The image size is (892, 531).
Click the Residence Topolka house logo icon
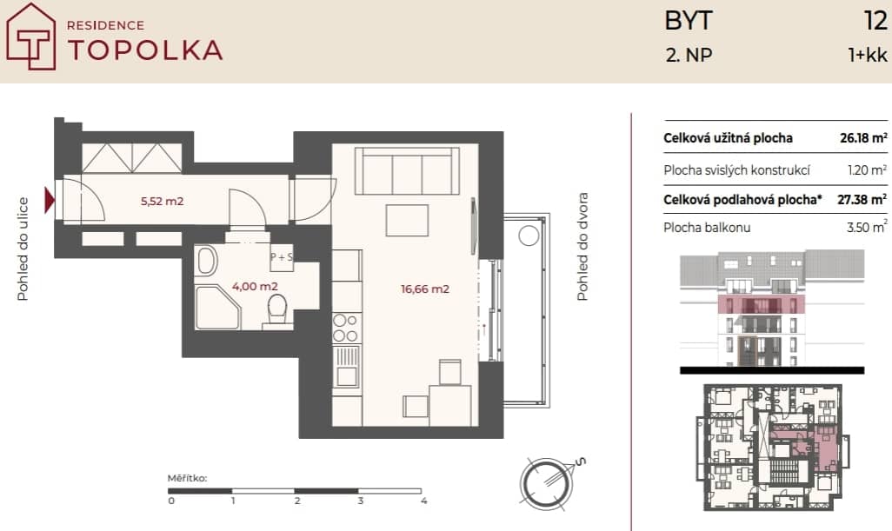tap(30, 37)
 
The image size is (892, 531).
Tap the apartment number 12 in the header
tap(875, 21)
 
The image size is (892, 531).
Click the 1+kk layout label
tap(868, 55)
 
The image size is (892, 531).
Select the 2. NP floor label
tap(689, 55)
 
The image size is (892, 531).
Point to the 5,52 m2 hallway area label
tap(162, 201)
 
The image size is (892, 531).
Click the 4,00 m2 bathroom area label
tap(255, 286)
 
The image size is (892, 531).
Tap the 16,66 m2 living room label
tap(425, 289)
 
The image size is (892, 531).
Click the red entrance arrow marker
tap(50, 201)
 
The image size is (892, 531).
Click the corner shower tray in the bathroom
tap(218, 308)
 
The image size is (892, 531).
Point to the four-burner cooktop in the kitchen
tap(346, 328)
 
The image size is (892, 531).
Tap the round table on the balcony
tap(529, 236)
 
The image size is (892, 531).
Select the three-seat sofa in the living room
tap(407, 171)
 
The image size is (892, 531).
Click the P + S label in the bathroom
tap(282, 257)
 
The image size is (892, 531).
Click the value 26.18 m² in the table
tap(863, 137)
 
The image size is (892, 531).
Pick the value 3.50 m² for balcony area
tap(867, 227)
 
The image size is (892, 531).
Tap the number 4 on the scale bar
tap(423, 501)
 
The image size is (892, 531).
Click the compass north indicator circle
tap(546, 484)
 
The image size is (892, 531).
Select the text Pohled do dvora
tap(582, 247)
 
